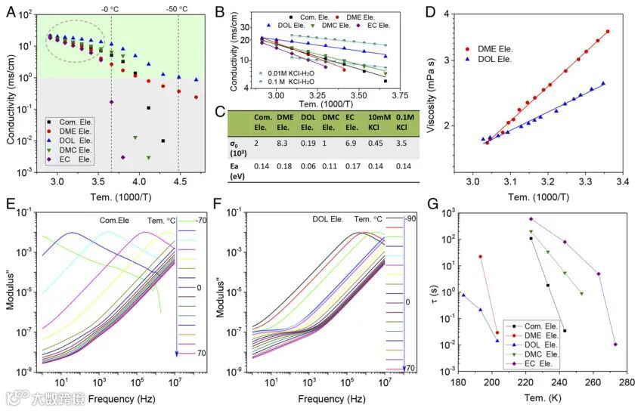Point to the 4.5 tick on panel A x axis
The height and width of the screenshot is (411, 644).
coord(179,183)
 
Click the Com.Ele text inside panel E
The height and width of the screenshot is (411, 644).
coord(116,220)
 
